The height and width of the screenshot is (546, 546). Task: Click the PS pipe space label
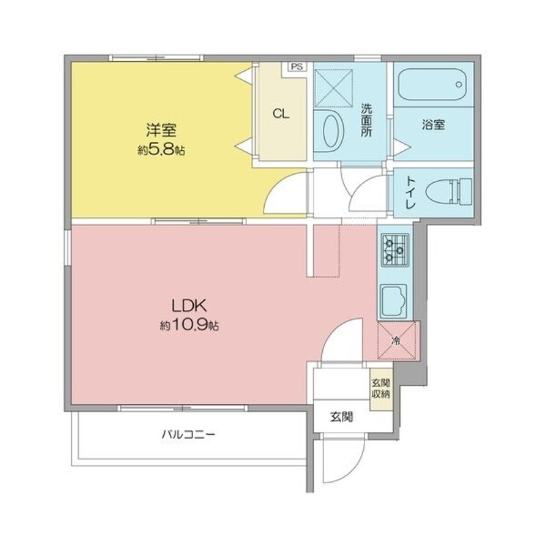pyautogui.click(x=297, y=66)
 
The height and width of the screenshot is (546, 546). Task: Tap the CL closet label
pyautogui.click(x=281, y=113)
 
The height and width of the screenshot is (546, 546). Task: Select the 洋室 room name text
pyautogui.click(x=161, y=130)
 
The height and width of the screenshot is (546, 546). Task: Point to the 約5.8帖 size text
pyautogui.click(x=161, y=150)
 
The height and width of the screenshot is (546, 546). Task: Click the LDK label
pyautogui.click(x=190, y=306)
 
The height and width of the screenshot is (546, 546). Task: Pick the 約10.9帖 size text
pyautogui.click(x=190, y=326)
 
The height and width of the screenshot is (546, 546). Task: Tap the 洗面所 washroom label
pyautogui.click(x=366, y=120)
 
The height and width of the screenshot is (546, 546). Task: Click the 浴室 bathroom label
pyautogui.click(x=433, y=124)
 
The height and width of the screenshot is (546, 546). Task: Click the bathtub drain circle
pyautogui.click(x=459, y=84)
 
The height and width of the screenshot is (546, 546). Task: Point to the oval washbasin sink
pyautogui.click(x=334, y=131)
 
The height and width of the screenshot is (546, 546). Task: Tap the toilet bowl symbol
pyautogui.click(x=449, y=191)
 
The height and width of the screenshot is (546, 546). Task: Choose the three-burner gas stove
pyautogui.click(x=395, y=250)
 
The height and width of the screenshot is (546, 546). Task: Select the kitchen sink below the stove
pyautogui.click(x=394, y=301)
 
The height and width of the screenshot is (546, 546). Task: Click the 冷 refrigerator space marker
pyautogui.click(x=396, y=340)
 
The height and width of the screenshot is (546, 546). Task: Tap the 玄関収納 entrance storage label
pyautogui.click(x=381, y=388)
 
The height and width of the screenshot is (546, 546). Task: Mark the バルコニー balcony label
pyautogui.click(x=188, y=434)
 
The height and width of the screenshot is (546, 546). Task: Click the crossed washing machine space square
pyautogui.click(x=333, y=88)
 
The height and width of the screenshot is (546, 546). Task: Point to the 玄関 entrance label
pyautogui.click(x=342, y=416)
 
